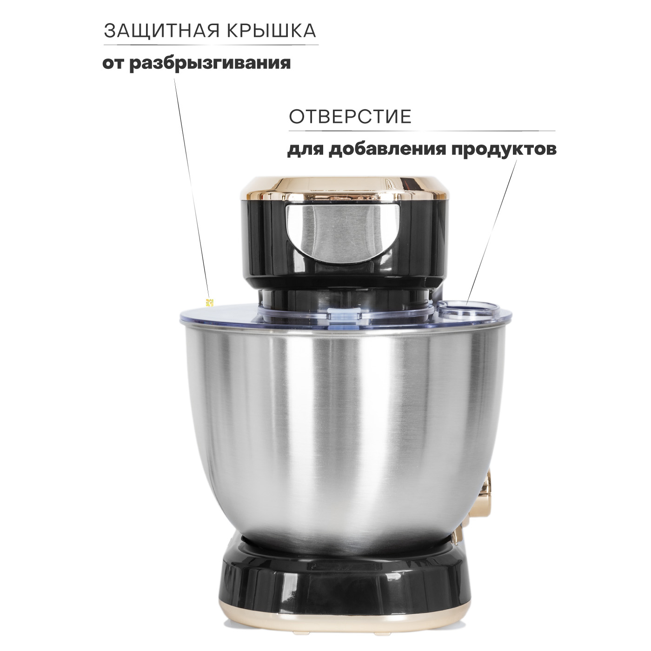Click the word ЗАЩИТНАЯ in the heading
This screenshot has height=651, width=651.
click(161, 31)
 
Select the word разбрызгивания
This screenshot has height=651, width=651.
click(210, 64)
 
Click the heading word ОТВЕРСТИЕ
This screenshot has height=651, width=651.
click(350, 117)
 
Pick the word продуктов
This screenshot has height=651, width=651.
click(504, 150)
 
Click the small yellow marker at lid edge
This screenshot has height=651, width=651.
click(210, 302)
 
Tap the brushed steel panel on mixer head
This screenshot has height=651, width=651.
click(343, 233)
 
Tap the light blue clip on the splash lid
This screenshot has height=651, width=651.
click(342, 317)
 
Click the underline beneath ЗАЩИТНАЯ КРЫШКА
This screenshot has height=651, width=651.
click(211, 45)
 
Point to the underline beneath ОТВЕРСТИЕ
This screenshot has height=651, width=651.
click(422, 130)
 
